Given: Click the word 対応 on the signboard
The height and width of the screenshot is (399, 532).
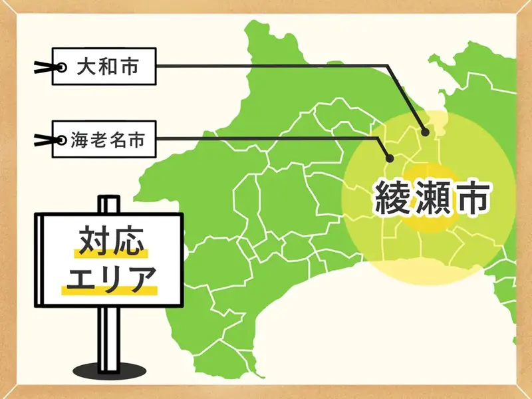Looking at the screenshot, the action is point(110,241).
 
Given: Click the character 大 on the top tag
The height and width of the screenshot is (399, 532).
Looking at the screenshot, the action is point(85,66).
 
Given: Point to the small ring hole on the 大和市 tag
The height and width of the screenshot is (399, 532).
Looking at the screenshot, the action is point(62,67).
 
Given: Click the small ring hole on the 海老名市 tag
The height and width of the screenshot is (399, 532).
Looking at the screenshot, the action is point(62,140).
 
